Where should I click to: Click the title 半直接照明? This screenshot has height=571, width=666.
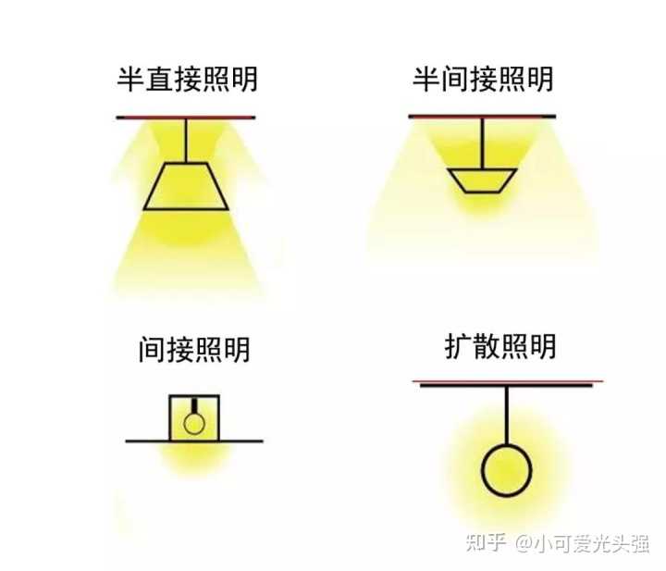click(x=187, y=79)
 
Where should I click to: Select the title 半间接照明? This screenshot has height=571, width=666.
click(x=482, y=79)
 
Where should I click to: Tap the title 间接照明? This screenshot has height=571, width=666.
click(x=193, y=350)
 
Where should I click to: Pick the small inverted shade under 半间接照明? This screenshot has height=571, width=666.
click(x=481, y=180)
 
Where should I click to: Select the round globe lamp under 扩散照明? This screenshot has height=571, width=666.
click(x=506, y=469)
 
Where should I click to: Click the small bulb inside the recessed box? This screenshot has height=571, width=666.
click(x=193, y=423)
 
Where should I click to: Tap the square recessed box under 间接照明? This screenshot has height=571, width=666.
click(x=193, y=417)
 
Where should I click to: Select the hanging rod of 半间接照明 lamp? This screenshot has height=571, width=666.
click(x=481, y=143)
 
